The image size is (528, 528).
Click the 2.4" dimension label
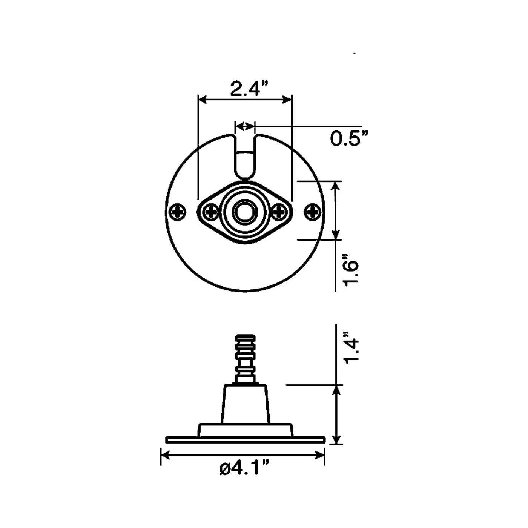[246, 89]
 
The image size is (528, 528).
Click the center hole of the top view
[245, 212]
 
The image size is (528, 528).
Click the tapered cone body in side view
[246, 404]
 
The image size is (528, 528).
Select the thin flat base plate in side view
[245, 439]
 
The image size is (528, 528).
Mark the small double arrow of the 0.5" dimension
[245, 126]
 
